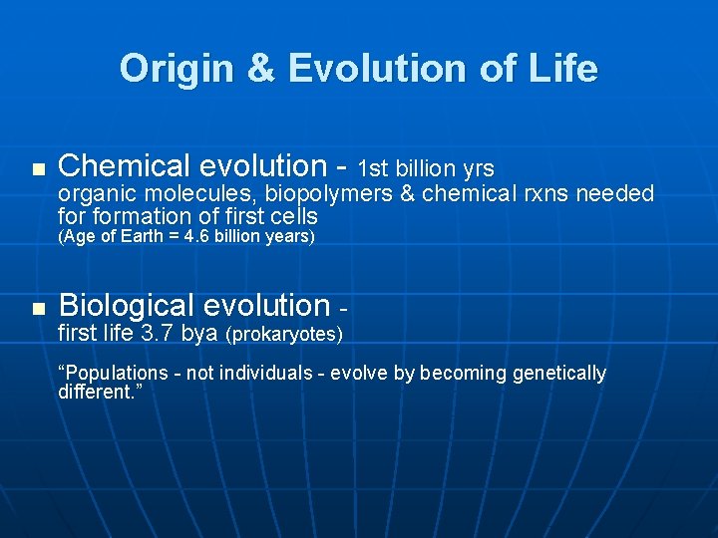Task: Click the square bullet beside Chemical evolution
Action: point(38,169)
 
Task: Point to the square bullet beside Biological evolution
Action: point(38,309)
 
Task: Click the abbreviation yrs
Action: point(474,168)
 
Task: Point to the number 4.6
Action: point(199,237)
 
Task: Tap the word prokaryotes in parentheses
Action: point(285,335)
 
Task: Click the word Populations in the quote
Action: point(110,374)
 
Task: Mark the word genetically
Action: point(558,374)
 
